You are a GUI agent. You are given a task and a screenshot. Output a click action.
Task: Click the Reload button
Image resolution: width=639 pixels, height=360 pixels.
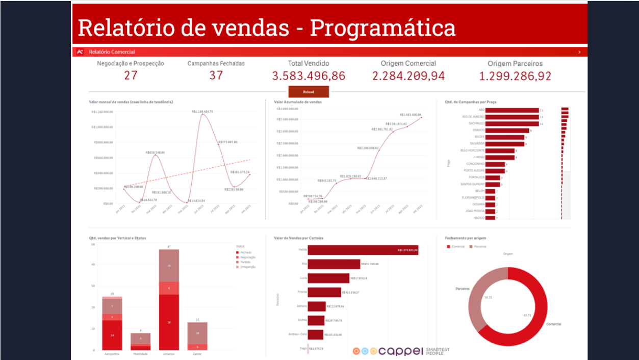[309, 92]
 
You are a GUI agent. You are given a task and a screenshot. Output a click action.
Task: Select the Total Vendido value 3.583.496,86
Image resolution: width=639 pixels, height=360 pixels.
[309, 76]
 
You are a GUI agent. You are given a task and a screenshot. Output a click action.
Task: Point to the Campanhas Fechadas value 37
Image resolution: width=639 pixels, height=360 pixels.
[216, 75]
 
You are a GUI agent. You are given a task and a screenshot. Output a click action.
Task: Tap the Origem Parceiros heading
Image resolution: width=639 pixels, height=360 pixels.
[515, 64]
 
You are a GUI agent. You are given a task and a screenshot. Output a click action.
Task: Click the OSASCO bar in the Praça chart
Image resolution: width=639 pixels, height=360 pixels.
[508, 131]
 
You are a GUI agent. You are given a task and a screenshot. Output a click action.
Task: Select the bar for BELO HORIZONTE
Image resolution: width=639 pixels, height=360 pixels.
[500, 151]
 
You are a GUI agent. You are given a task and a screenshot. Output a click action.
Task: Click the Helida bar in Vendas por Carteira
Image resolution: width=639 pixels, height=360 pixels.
[363, 250]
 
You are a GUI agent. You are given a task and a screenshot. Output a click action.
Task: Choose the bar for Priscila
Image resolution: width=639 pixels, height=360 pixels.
[325, 292]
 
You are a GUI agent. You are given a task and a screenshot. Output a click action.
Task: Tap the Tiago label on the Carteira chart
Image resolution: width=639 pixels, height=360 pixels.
[303, 348]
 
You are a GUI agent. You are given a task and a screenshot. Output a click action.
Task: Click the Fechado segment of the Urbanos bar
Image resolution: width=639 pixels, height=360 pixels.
[169, 322]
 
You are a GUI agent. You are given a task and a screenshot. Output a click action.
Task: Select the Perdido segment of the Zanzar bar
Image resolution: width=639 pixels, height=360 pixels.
[197, 333]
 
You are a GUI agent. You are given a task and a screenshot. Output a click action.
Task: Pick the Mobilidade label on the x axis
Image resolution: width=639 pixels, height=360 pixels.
[140, 354]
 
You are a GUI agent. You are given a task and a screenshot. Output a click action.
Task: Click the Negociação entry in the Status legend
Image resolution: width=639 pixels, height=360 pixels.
[247, 258]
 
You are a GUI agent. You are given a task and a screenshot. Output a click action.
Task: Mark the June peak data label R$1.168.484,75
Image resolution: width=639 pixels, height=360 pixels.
[202, 111]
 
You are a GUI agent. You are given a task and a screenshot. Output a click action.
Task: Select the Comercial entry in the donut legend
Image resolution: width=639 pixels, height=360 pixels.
[456, 246]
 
